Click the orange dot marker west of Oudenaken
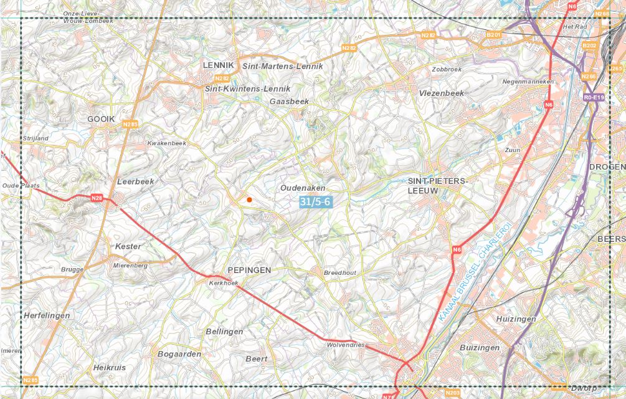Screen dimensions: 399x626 point(249,199)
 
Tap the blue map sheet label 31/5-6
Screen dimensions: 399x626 point(315,201)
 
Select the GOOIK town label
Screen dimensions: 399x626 point(101,118)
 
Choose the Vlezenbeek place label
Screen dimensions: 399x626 point(442,93)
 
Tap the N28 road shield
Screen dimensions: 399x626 point(97,198)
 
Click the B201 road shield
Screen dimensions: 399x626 point(493,34)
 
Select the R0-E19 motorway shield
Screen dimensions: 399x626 point(594,97)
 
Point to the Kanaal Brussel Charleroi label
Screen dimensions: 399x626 point(475,272)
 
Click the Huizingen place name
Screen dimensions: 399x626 point(516,319)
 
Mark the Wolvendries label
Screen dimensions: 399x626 point(345,345)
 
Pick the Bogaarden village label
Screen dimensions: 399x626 point(180,353)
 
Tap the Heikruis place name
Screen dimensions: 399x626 point(109,367)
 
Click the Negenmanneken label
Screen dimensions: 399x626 point(528,82)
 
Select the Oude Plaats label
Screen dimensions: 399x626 point(21,186)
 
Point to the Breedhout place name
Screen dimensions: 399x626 point(339,273)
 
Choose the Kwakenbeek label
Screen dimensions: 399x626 point(166,143)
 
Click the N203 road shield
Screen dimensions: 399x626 point(453,393)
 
